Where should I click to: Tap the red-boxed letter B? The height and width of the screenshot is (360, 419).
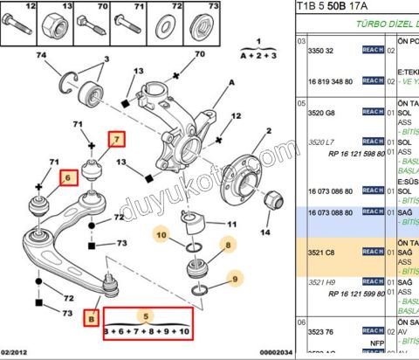[x=92, y=318]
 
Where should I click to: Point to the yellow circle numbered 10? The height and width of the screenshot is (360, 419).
[x=161, y=234]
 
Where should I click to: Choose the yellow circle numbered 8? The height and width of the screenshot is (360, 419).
[x=228, y=247]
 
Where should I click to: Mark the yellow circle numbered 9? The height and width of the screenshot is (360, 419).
[x=234, y=280]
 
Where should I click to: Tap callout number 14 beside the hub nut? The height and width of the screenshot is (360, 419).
[x=265, y=233]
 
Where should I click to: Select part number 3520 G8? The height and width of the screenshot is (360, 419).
[x=325, y=114]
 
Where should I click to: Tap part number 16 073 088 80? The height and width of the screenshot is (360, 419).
[x=330, y=212]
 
